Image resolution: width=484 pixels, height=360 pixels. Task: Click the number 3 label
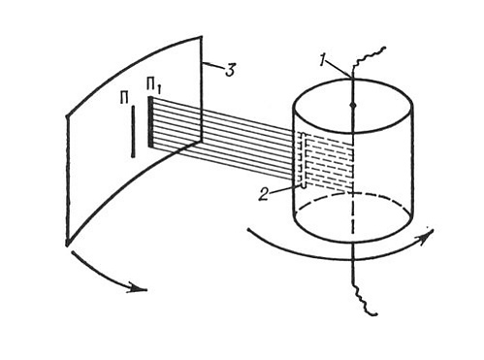(230, 70)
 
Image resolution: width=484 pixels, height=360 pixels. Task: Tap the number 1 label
(323, 60)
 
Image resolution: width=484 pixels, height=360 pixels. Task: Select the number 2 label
(264, 195)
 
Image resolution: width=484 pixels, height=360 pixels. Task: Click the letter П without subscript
(124, 98)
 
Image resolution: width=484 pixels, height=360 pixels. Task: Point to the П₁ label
(153, 86)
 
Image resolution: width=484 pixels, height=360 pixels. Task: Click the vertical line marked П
(133, 131)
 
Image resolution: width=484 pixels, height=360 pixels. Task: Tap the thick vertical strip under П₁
(150, 122)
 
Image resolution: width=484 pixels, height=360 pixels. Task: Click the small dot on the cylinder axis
(353, 106)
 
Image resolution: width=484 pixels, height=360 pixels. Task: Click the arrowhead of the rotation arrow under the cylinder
(428, 236)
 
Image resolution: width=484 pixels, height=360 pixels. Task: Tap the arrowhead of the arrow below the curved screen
(138, 287)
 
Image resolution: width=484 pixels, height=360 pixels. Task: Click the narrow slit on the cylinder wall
(303, 161)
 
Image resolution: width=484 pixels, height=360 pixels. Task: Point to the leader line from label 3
(212, 67)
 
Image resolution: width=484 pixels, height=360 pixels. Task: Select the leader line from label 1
(339, 70)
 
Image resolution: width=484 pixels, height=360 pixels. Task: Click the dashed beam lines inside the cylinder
(329, 162)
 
